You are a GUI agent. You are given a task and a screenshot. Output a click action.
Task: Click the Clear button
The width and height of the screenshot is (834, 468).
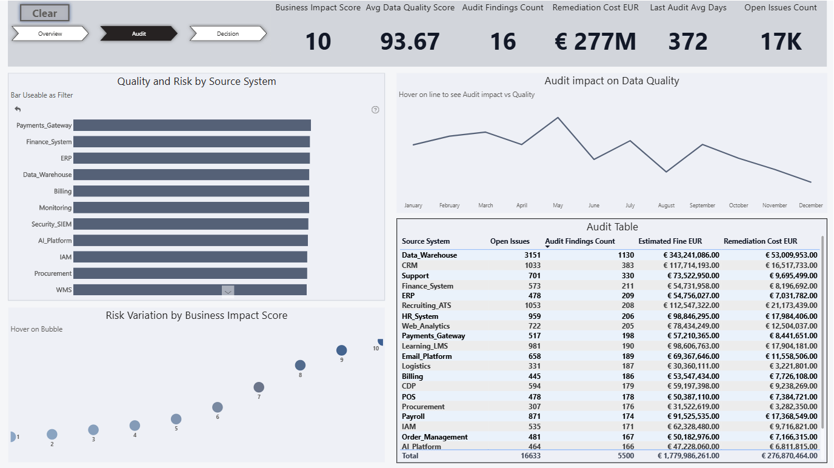45,13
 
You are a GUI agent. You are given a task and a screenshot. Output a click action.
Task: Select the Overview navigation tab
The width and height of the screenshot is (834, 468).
50,33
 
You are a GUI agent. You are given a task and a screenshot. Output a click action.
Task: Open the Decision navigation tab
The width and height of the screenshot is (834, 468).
228,33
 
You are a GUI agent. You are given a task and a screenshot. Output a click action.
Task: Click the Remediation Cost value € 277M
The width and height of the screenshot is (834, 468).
595,41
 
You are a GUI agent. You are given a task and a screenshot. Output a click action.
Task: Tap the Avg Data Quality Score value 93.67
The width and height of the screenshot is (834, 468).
410,41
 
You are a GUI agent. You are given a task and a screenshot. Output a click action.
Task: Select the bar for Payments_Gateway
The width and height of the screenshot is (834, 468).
192,125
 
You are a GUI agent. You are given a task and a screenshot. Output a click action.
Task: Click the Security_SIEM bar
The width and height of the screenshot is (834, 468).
191,224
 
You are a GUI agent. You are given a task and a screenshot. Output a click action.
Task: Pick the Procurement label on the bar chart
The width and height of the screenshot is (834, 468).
53,273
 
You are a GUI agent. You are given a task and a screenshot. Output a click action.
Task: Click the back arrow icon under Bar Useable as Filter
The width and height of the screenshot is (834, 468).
18,109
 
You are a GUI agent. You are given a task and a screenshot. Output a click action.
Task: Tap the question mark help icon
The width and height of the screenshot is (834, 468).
375,110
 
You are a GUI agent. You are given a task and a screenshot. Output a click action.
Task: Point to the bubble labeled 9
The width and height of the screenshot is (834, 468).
341,350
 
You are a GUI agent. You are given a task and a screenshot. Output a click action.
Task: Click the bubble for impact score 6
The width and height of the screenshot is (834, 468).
218,407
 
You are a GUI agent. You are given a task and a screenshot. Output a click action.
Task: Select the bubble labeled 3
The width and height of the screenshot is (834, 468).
93,430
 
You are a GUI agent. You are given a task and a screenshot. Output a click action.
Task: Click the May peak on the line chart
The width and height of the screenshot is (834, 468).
558,118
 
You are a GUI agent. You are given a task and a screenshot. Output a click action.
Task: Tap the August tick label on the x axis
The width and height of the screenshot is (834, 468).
666,205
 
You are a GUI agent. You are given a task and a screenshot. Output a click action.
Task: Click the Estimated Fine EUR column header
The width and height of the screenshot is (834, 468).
670,241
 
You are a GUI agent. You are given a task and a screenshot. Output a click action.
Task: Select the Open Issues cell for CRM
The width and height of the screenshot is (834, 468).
532,266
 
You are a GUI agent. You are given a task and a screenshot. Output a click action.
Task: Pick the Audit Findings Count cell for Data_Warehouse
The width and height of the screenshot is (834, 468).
625,255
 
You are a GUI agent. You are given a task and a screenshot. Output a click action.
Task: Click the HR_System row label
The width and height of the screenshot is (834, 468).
420,316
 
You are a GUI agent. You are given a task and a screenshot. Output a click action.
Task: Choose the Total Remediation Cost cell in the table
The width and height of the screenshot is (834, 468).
789,456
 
